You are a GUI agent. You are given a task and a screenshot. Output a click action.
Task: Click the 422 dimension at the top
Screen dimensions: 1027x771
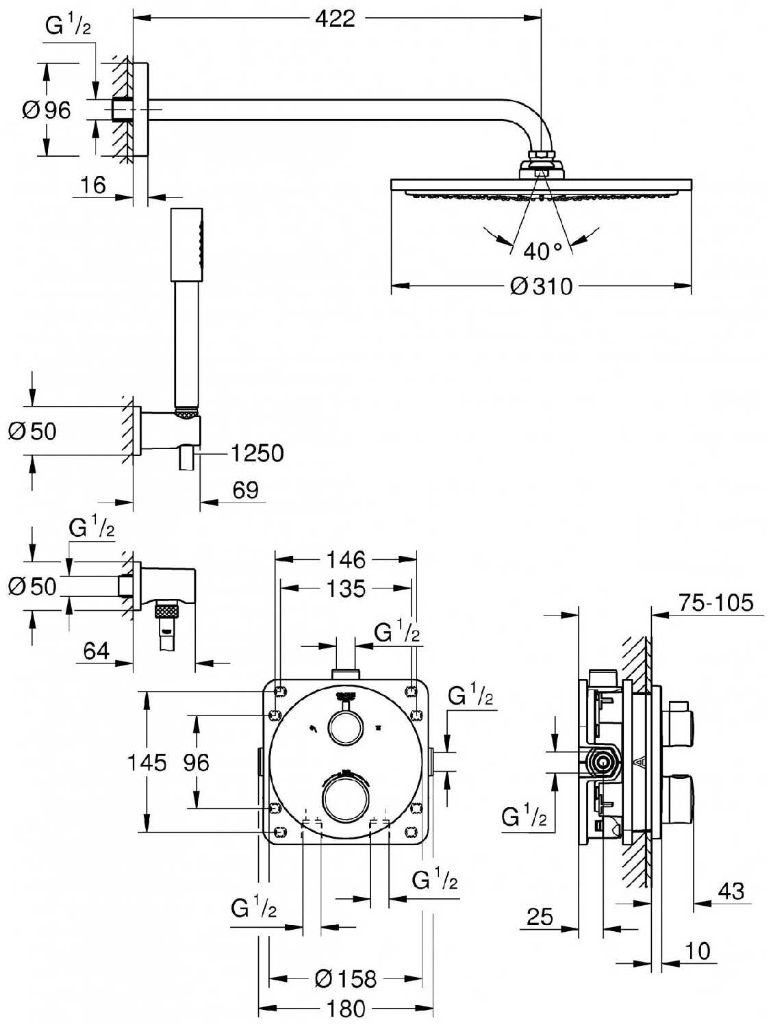pyautogui.click(x=335, y=18)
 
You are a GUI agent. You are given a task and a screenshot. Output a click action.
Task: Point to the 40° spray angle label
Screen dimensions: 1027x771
pyautogui.click(x=542, y=251)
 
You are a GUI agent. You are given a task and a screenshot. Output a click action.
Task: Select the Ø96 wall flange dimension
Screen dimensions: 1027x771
pyautogui.click(x=47, y=110)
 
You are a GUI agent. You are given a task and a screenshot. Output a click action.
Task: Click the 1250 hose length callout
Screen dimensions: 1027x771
pyautogui.click(x=257, y=453)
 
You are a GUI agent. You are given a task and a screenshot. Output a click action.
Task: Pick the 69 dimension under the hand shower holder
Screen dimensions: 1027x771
pyautogui.click(x=245, y=490)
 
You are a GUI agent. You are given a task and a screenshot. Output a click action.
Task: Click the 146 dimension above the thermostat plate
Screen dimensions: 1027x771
pyautogui.click(x=346, y=559)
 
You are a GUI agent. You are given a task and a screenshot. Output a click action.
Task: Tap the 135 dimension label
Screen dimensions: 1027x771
pyautogui.click(x=346, y=588)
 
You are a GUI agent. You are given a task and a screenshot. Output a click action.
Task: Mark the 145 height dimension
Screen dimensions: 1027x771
pyautogui.click(x=147, y=762)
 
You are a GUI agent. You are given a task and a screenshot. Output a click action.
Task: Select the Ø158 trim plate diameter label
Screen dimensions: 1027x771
pyautogui.click(x=346, y=979)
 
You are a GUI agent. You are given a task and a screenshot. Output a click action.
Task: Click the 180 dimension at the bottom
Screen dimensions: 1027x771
pyautogui.click(x=346, y=1009)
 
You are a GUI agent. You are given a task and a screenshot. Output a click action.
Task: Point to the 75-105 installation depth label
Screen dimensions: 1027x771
pyautogui.click(x=716, y=603)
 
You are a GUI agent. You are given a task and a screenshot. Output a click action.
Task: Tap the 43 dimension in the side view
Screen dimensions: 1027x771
pyautogui.click(x=731, y=891)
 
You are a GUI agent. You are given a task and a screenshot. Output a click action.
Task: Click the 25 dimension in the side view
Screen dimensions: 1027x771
pyautogui.click(x=540, y=916)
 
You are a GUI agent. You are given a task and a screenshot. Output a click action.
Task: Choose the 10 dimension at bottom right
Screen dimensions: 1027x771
pyautogui.click(x=697, y=951)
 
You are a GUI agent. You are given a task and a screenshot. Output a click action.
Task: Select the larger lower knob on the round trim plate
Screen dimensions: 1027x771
pyautogui.click(x=345, y=799)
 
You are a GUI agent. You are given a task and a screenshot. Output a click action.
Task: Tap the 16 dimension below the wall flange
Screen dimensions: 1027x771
pyautogui.click(x=93, y=185)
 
